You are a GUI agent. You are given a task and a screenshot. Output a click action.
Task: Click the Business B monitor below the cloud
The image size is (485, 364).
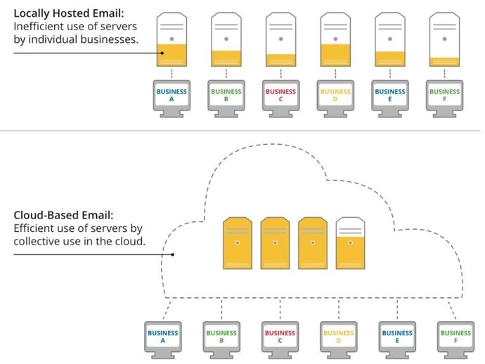pos(221,338)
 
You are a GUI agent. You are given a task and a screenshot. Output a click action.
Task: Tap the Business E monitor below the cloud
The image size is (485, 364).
pos(397,338)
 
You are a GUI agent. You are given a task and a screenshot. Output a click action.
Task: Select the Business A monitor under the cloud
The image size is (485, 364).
pos(163,338)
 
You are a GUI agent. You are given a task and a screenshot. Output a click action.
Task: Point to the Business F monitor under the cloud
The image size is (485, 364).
pos(455,338)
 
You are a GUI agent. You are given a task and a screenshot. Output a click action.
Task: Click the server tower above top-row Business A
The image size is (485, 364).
pos(172,41)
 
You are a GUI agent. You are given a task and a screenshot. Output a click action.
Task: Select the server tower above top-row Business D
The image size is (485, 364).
pos(335,41)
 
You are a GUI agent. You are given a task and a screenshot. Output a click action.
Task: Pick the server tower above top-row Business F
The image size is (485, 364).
pos(444,41)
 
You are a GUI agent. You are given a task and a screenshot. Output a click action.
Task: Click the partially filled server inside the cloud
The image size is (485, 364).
pos(350,243)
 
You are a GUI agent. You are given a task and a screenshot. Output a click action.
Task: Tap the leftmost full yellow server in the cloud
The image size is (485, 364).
pos(237,243)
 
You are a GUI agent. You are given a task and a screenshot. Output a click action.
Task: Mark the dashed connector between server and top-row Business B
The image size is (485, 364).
pos(226,74)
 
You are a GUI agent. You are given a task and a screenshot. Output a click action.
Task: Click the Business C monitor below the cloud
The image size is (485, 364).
pos(280,338)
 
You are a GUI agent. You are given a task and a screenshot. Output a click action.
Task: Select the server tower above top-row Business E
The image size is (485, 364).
pos(389,41)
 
